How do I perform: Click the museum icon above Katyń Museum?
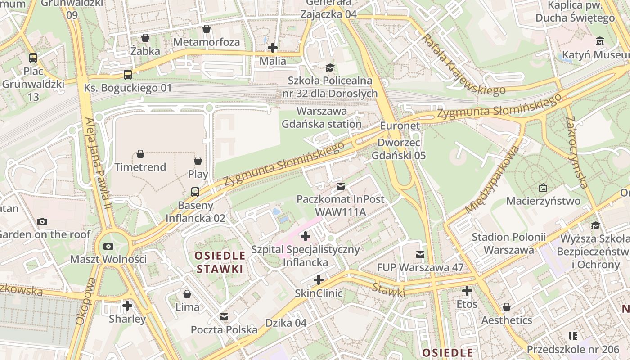point(599,41)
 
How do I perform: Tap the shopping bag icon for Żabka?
point(145,38)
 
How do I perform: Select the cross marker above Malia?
point(272,47)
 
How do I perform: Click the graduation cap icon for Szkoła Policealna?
point(330,68)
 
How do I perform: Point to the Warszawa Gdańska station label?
point(322,117)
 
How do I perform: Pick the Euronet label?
point(400,126)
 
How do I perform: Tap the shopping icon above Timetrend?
point(140,154)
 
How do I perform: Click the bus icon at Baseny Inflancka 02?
point(195,192)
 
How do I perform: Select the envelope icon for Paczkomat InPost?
point(341,186)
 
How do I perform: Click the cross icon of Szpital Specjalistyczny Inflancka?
point(306,236)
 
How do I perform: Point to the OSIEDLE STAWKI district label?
point(220,262)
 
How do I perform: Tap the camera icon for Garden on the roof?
point(42,221)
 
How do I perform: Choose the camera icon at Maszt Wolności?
point(108,246)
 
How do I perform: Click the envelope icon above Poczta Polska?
point(224,317)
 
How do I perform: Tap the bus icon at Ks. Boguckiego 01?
point(128,75)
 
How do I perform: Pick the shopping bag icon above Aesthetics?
point(507,307)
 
